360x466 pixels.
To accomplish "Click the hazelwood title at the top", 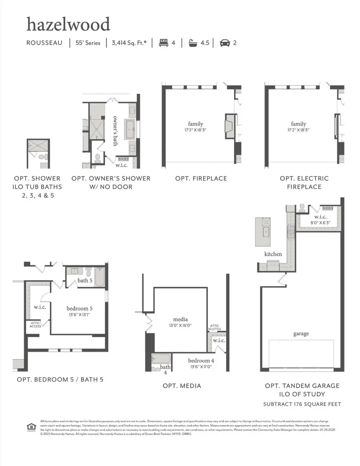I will (x=68, y=24).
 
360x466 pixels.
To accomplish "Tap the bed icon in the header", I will (x=163, y=43).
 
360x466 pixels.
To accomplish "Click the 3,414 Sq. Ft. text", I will (x=129, y=43).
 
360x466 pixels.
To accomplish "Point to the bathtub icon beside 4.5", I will (x=193, y=43).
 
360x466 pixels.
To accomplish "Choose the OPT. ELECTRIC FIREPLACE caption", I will (x=304, y=183).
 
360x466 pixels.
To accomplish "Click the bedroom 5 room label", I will (x=79, y=309).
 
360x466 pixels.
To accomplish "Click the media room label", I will (x=180, y=319).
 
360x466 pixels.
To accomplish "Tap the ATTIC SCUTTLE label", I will (x=215, y=327).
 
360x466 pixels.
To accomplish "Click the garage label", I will (x=301, y=334).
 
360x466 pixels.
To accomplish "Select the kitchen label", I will (x=273, y=254).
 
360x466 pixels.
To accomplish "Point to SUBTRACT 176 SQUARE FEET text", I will (x=302, y=404).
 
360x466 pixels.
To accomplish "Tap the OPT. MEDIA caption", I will (x=182, y=386).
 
